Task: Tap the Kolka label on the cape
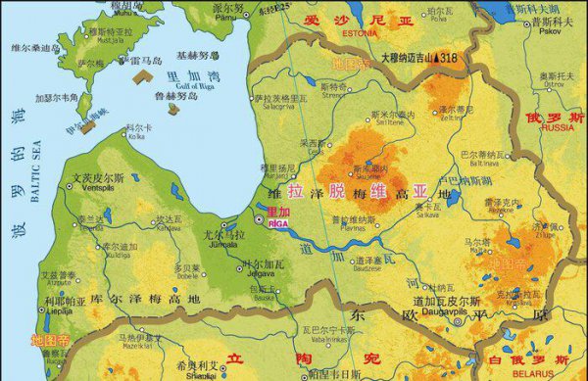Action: coord(136,137)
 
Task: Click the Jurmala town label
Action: coord(224,244)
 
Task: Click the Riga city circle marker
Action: coord(259,220)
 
